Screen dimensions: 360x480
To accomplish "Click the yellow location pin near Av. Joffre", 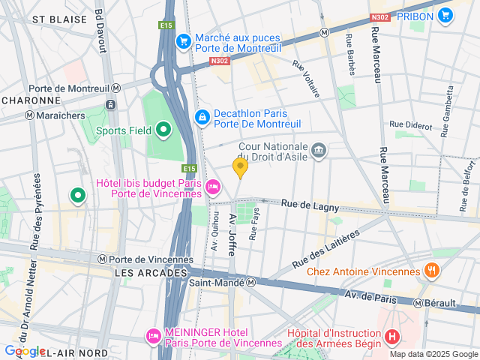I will point(240,167).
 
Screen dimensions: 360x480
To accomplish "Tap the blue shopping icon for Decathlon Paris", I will point(202,117).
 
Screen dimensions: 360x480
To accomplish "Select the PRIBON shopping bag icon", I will point(445,15).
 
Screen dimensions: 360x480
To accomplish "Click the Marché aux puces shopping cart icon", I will point(182,40).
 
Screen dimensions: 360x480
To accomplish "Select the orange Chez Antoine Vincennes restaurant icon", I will point(431,269).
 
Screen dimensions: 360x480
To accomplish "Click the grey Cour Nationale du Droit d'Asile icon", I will point(319,151).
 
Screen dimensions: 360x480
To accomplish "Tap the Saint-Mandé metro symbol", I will point(251,282).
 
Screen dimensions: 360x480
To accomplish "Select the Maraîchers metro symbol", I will point(29,115).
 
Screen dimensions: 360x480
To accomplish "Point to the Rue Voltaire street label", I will point(306,79).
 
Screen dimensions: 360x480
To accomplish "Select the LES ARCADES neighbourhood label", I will point(151,274).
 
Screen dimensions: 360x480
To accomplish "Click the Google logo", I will point(24,351).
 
